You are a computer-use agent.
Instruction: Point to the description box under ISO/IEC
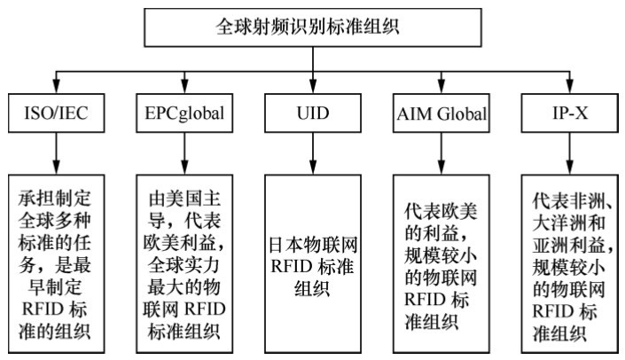[x=55, y=262]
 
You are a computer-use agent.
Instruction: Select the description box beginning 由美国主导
[x=183, y=262]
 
